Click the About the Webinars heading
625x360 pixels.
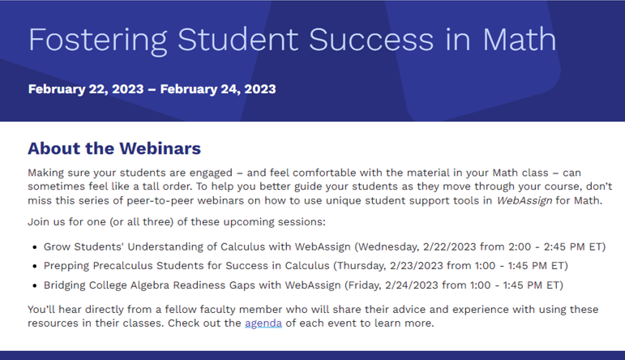tap(114, 148)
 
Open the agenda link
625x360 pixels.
tap(263, 324)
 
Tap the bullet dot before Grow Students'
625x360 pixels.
tap(34, 246)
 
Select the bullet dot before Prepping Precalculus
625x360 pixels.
tap(34, 266)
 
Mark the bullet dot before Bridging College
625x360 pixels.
tap(34, 285)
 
